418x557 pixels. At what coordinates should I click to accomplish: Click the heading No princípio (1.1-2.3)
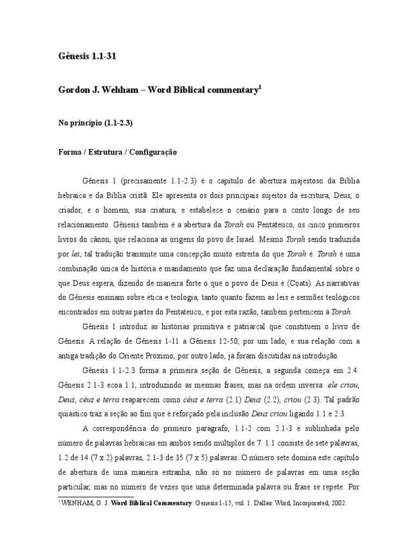(x=95, y=123)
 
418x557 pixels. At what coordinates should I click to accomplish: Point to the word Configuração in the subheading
(x=151, y=153)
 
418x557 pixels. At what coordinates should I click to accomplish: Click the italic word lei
(x=75, y=253)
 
